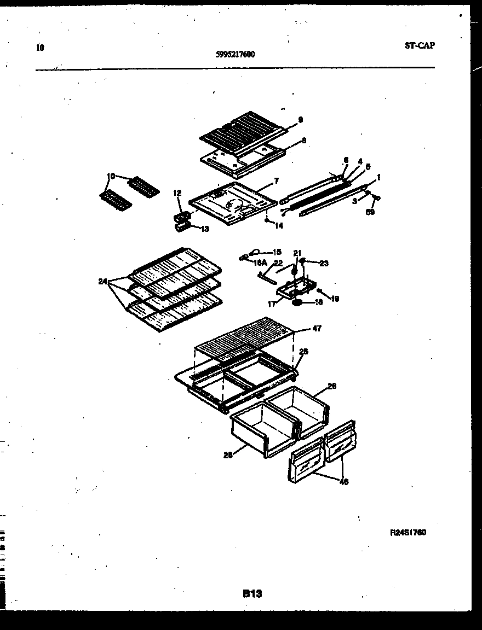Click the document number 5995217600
pos(236,54)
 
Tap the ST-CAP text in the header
pos(420,46)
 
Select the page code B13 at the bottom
pos(252,593)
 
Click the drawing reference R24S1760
pos(408,533)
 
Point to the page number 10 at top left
pos(39,48)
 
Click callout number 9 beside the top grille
pos(300,120)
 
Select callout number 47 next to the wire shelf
pos(317,328)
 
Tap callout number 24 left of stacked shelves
pos(102,282)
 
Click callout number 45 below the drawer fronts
pos(343,482)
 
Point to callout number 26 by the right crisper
pos(331,386)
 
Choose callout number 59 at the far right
pos(370,212)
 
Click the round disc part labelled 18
pos(299,302)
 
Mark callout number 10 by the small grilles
pos(111,176)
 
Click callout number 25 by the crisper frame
pos(303,352)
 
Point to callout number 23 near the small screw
pos(324,263)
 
